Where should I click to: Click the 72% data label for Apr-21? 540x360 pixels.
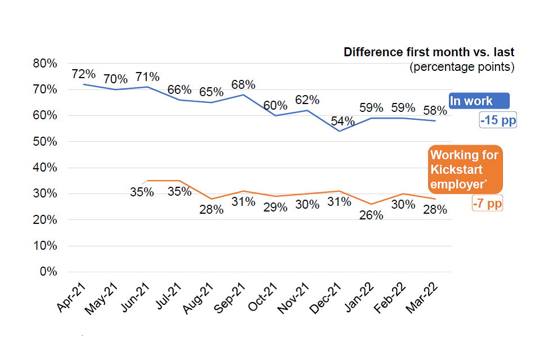pyautogui.click(x=83, y=74)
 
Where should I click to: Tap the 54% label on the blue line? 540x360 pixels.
pyautogui.click(x=343, y=121)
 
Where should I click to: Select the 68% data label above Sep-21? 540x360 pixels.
pyautogui.click(x=244, y=85)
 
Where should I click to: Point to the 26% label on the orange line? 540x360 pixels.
pyautogui.click(x=371, y=215)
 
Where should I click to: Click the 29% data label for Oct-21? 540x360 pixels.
pyautogui.click(x=275, y=206)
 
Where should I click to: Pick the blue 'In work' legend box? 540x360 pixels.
pyautogui.click(x=479, y=101)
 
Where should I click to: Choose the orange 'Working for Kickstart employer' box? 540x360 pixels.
pyautogui.click(x=465, y=169)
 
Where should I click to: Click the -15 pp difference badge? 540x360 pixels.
pyautogui.click(x=498, y=120)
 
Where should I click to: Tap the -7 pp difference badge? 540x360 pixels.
pyautogui.click(x=487, y=204)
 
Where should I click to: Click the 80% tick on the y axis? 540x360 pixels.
pyautogui.click(x=46, y=64)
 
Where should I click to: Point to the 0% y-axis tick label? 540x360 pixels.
pyautogui.click(x=48, y=272)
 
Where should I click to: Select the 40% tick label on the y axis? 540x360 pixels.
pyautogui.click(x=46, y=168)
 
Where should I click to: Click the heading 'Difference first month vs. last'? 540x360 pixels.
pyautogui.click(x=429, y=53)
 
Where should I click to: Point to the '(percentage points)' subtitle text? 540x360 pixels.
pyautogui.click(x=462, y=67)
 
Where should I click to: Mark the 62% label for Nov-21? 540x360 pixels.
pyautogui.click(x=307, y=100)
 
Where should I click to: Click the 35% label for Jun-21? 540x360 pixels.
pyautogui.click(x=142, y=192)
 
